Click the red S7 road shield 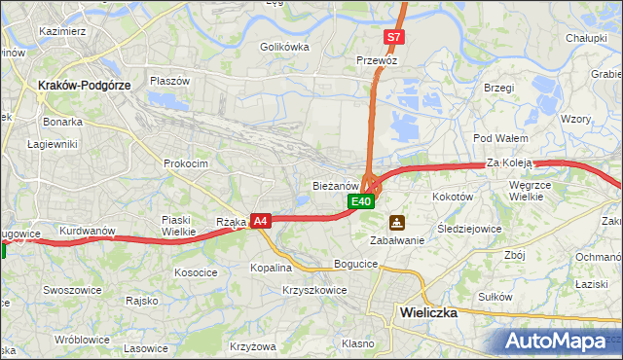pos(392,37)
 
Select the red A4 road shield pos(260,222)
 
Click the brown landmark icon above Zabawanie pos(396,222)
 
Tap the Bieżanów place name pos(337,184)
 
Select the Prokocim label pos(186,163)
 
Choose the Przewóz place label pos(378,59)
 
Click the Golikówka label pos(284,46)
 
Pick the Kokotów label pos(452,196)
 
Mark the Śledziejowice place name pos(469,229)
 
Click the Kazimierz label pos(64,31)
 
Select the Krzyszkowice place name pos(314,290)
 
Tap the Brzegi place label pos(497,88)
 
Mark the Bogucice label pos(354,264)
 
